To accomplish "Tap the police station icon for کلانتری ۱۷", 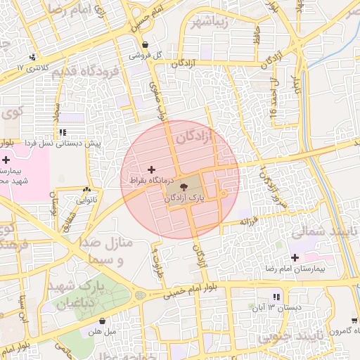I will click(32, 58).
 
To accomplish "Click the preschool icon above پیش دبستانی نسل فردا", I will click(63, 131).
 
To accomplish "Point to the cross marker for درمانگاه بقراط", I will click(151, 169).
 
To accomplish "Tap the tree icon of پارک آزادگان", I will click(184, 187).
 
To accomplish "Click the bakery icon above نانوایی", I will click(86, 189).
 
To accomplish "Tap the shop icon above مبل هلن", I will click(103, 321).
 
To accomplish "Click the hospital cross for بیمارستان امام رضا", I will click(294, 258).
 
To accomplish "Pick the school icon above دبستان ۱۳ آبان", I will click(276, 297).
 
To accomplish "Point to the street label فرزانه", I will click(253, 221).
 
